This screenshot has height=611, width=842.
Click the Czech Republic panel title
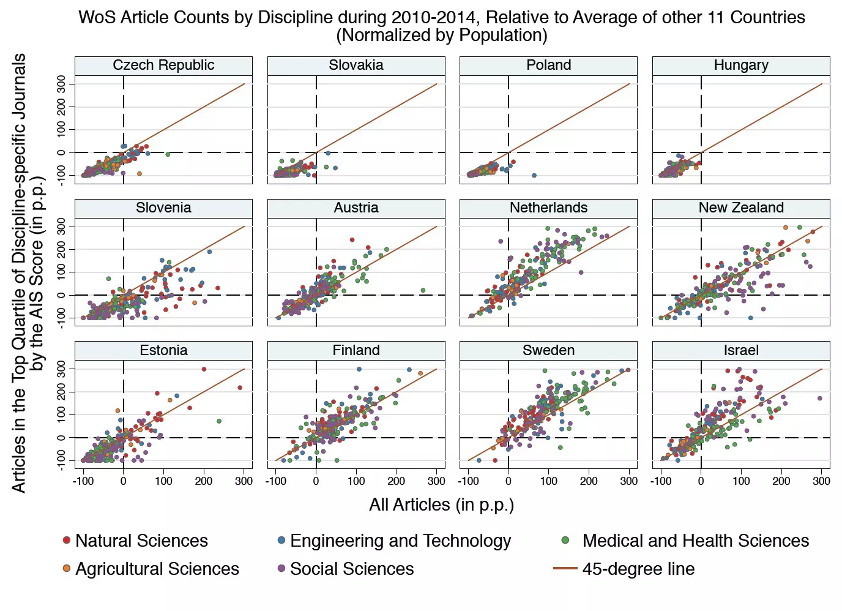coord(163,66)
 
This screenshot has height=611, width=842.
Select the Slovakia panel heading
coord(356,66)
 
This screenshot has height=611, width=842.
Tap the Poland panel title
coord(548,66)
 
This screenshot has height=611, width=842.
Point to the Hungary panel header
coord(741,66)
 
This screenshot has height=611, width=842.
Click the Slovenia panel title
coord(163,208)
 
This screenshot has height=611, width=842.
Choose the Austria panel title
coord(356,208)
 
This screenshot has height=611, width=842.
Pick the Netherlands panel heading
coord(548,208)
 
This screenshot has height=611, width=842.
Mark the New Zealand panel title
coord(741,208)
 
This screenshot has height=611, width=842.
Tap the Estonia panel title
coord(163,351)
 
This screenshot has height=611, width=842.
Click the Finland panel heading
coord(356,351)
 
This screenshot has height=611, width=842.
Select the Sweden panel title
coord(548,351)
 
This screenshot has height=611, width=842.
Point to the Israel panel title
coord(741,351)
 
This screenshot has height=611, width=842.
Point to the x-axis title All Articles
coord(441,505)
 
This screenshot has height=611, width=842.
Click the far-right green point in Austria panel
coord(423,291)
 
